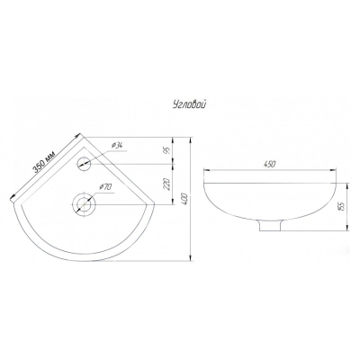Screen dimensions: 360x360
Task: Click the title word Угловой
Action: coord(189,104)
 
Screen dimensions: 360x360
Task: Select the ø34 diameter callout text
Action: coord(116,146)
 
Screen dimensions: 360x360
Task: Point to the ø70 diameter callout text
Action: coord(105,187)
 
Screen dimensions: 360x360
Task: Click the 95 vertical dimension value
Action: coord(168,150)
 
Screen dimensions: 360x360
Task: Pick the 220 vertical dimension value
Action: coord(167,184)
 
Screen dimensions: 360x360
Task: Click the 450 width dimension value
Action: coord(270,164)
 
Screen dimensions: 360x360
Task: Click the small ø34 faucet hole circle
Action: coord(84,164)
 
